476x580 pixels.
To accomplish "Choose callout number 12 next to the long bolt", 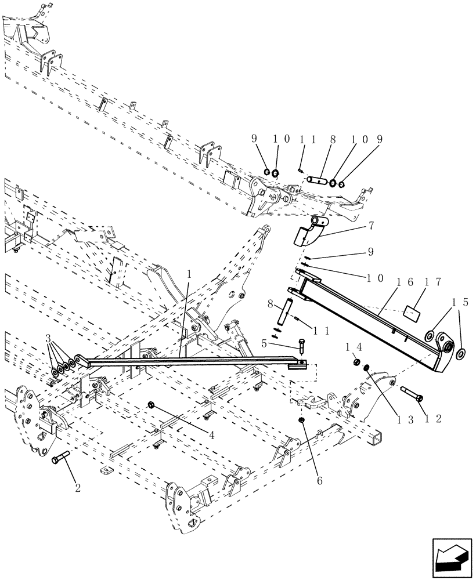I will coord(422,418).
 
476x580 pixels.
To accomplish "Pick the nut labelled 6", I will coord(302,419).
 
